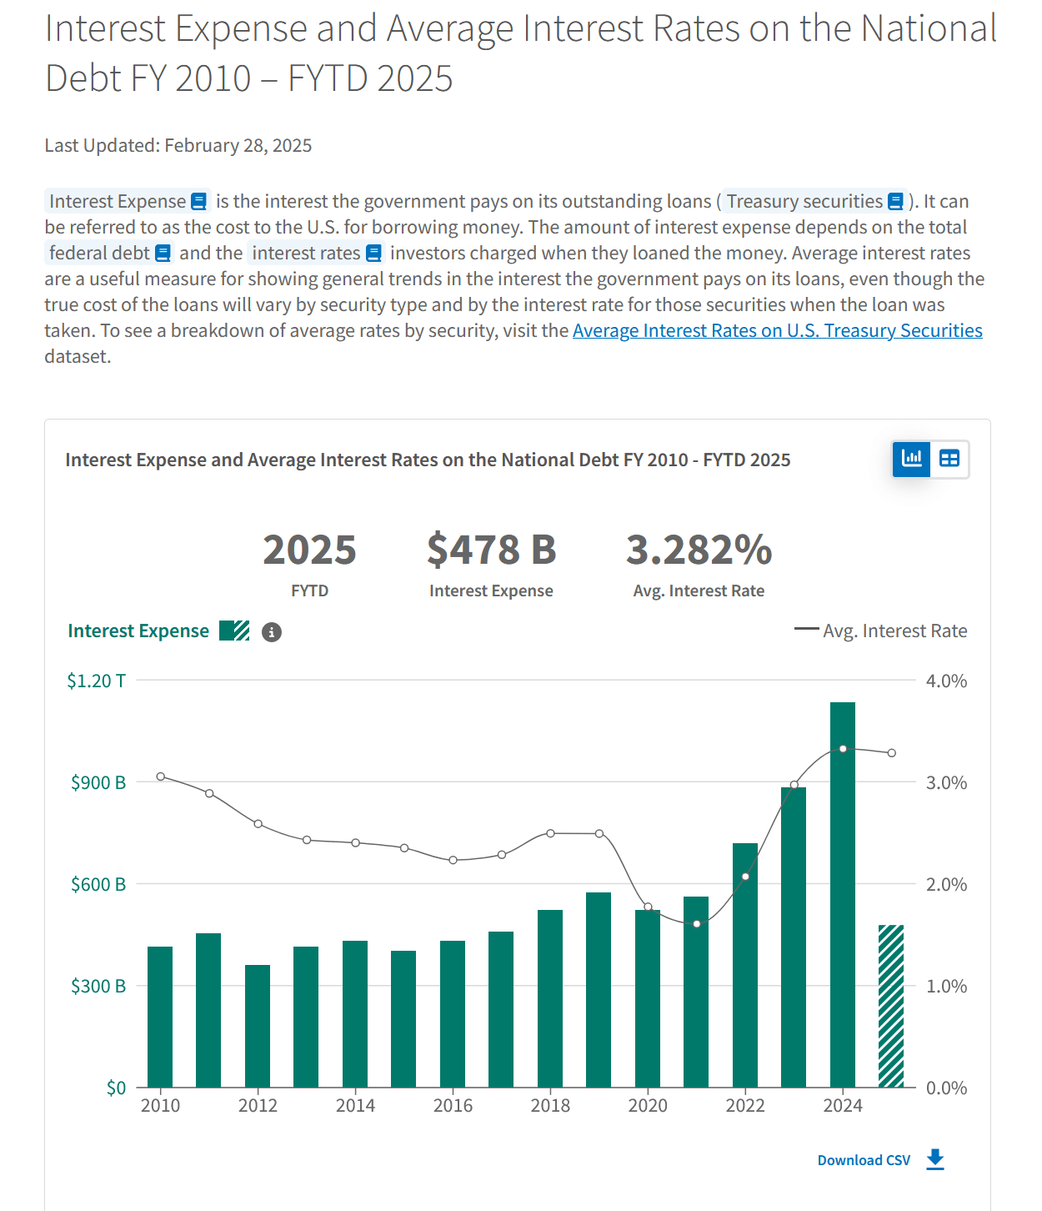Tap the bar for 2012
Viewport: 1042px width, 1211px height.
tap(258, 1026)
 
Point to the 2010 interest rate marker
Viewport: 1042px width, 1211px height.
tap(161, 776)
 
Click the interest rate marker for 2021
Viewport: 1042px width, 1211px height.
tap(697, 923)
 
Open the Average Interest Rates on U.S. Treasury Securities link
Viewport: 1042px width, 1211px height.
tap(777, 331)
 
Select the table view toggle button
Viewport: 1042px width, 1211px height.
tap(949, 459)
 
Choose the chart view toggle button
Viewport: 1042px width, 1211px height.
tap(912, 459)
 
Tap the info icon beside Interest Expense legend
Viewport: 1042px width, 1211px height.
tap(272, 632)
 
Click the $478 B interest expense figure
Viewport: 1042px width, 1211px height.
tap(491, 550)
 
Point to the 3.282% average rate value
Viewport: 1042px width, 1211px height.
tap(699, 550)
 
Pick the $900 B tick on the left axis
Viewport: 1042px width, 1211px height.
tap(98, 782)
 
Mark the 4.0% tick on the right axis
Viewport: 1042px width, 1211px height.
tap(946, 681)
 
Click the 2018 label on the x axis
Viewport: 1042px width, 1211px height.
tap(550, 1106)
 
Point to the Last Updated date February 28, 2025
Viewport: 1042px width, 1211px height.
tap(238, 146)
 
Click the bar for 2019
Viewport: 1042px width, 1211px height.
tap(599, 989)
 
